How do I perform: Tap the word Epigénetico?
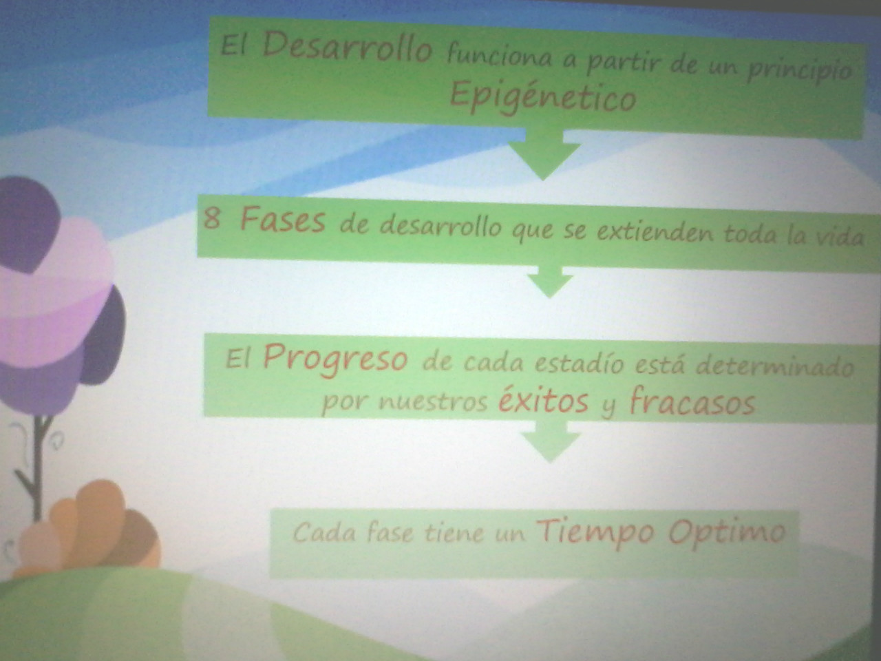point(542,98)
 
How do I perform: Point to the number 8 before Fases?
point(211,219)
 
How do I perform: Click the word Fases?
point(283,221)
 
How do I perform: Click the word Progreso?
point(335,357)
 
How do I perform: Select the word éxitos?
point(543,400)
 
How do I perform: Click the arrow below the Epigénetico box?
point(544,154)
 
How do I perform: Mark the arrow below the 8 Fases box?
point(550,281)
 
